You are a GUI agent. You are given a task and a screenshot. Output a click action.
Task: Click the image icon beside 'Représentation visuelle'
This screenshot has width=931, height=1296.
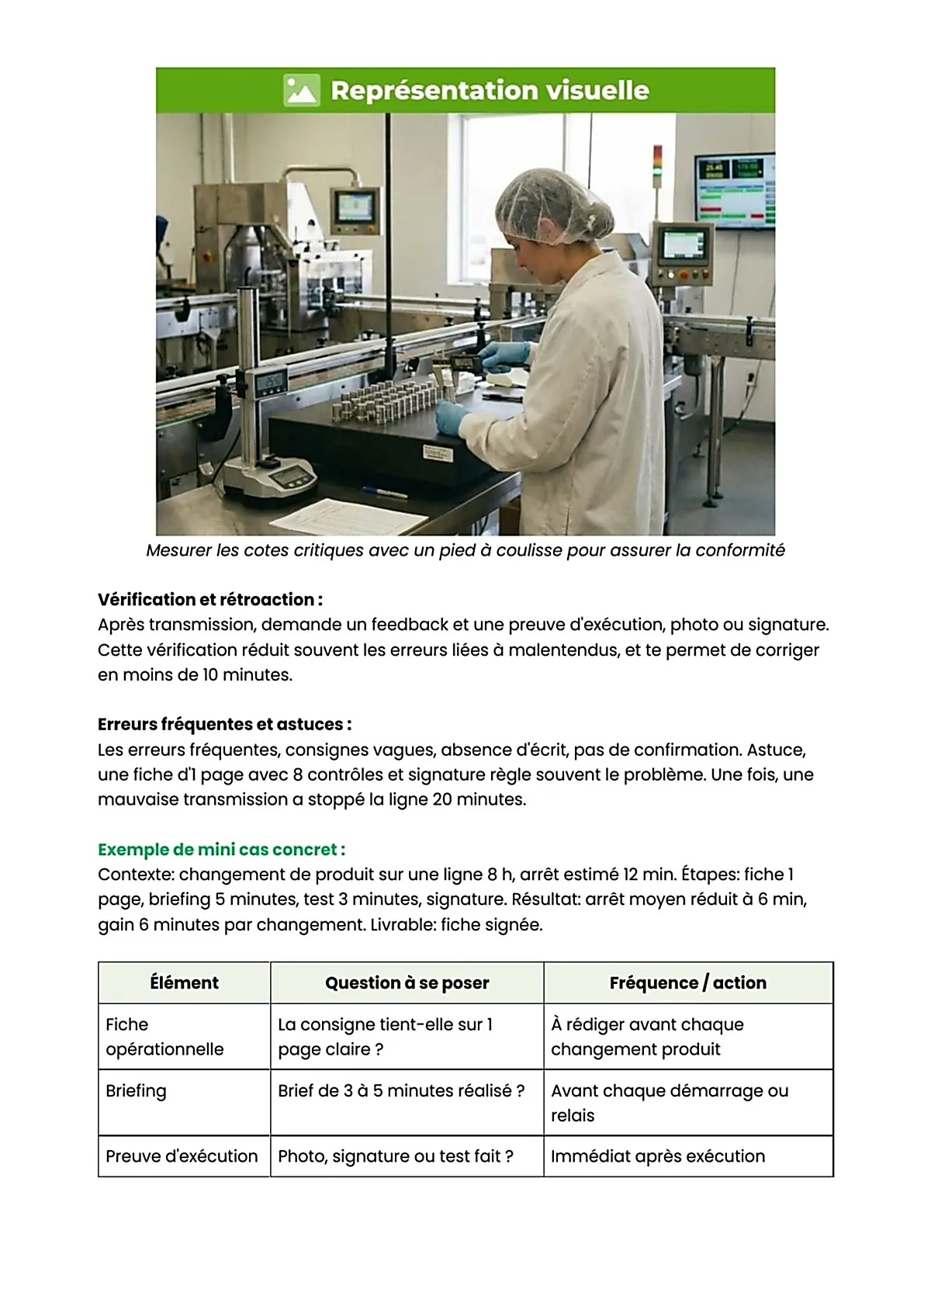tap(301, 90)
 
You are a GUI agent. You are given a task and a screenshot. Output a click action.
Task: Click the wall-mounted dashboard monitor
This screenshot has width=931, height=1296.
tap(733, 189)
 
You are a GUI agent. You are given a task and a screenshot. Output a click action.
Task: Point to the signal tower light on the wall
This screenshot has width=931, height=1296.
tap(658, 165)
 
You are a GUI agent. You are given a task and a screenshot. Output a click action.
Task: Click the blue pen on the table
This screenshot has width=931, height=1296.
tap(385, 492)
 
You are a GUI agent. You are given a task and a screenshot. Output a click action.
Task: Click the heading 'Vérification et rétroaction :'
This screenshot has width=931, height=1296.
tap(210, 600)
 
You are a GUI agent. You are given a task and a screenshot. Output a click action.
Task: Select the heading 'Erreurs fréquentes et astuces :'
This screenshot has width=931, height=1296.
tap(224, 725)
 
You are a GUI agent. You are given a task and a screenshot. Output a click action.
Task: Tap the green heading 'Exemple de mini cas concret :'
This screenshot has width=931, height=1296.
tap(221, 850)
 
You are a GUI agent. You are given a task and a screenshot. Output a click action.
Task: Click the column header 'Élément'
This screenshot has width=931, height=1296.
tap(184, 983)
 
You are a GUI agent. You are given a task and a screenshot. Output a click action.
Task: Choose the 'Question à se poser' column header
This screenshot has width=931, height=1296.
tap(407, 983)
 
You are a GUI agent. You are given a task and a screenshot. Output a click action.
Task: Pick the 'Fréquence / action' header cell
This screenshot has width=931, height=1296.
tap(687, 983)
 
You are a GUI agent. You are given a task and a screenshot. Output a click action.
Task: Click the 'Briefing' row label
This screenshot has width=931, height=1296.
tap(136, 1091)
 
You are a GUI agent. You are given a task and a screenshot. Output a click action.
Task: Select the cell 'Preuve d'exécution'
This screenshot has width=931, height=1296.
tap(182, 1156)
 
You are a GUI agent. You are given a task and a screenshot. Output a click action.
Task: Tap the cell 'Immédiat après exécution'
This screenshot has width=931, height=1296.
tap(657, 1156)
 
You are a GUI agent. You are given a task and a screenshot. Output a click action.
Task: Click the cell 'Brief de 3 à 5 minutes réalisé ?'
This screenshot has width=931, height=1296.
tap(400, 1091)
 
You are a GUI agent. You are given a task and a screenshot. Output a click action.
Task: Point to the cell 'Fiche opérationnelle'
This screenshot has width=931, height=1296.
tap(164, 1037)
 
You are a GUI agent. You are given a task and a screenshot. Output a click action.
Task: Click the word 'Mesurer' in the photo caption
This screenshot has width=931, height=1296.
tap(179, 551)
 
